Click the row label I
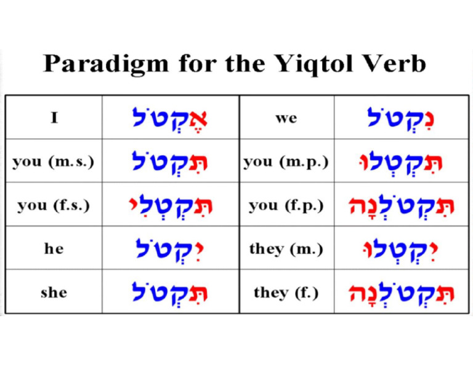(x=54, y=117)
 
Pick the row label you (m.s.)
(x=54, y=161)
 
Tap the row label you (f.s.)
(x=54, y=205)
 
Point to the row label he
(x=54, y=248)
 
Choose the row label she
(x=54, y=291)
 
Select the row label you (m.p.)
(x=286, y=161)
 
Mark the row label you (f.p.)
(x=286, y=205)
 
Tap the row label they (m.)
(x=286, y=248)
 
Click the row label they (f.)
(x=286, y=291)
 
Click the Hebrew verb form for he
(x=170, y=248)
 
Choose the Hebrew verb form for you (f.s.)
(x=170, y=205)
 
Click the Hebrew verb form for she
(x=170, y=291)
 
